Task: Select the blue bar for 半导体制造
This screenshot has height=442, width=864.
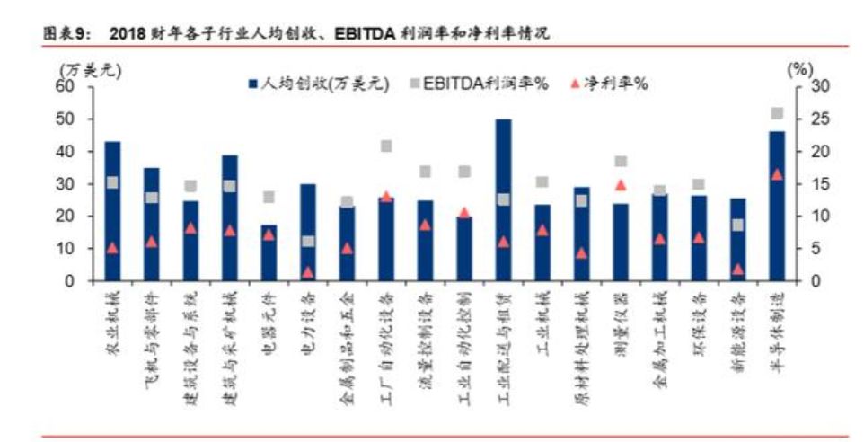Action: pos(777,206)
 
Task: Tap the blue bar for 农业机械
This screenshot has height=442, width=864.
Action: pos(112,211)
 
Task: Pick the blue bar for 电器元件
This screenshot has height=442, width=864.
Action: pos(269,252)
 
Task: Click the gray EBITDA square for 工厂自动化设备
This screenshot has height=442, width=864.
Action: pos(386,146)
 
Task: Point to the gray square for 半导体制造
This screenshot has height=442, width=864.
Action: pos(777,114)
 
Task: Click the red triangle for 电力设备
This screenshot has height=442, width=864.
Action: pos(308,271)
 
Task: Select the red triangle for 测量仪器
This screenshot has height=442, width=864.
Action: pos(621,185)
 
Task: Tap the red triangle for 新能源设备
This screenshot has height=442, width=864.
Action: pos(738,269)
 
